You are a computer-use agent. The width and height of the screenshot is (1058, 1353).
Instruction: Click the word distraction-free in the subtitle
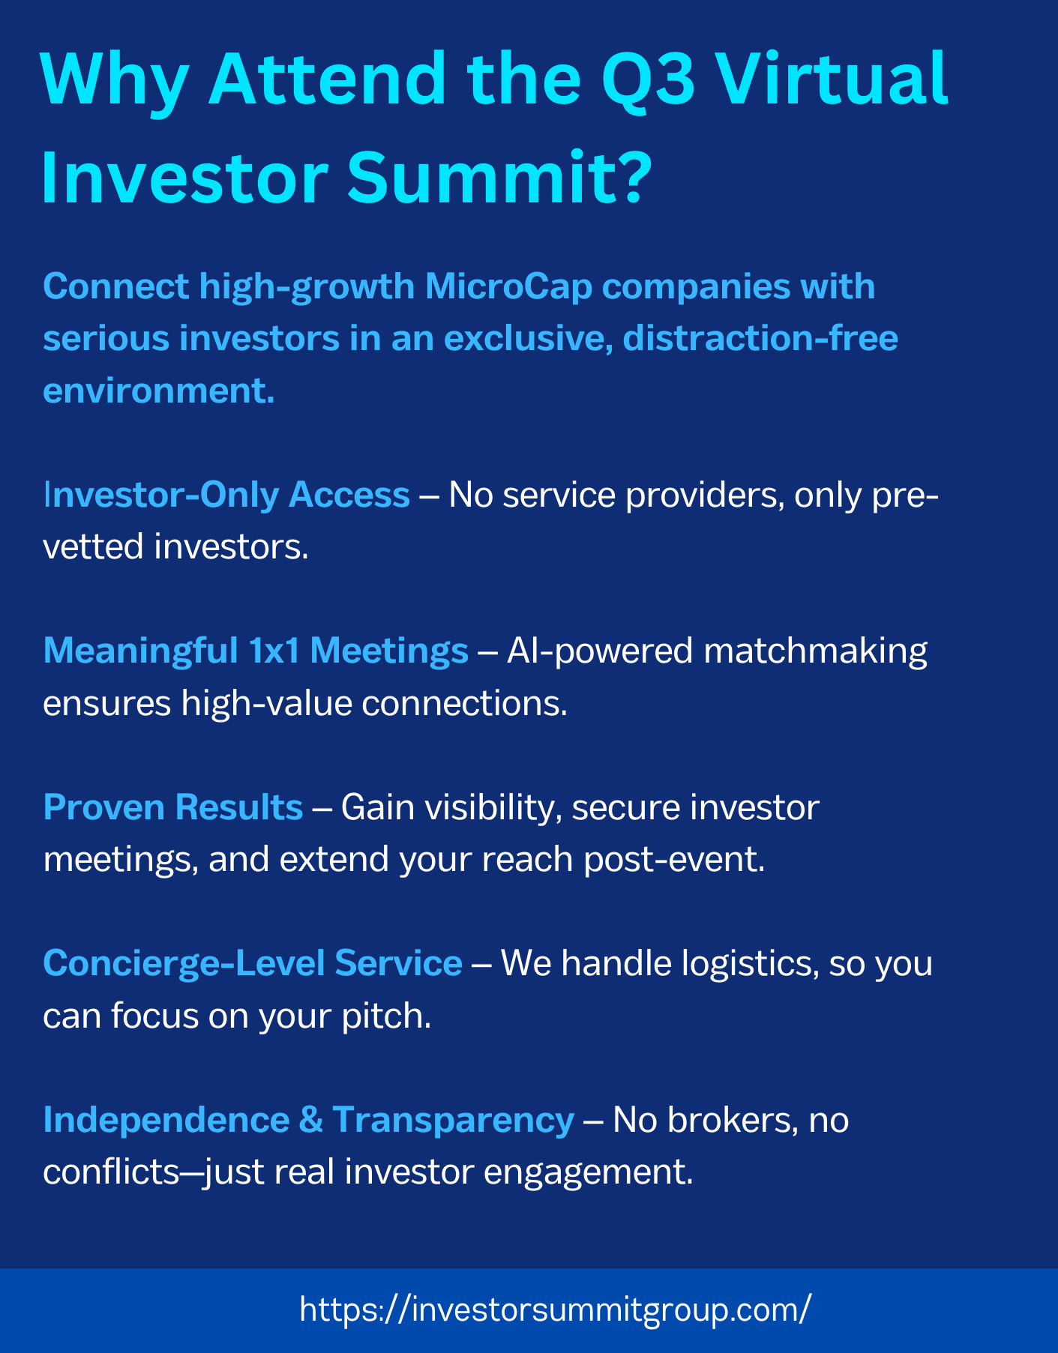point(760,338)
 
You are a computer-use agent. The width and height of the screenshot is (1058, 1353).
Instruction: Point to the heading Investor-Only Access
point(226,495)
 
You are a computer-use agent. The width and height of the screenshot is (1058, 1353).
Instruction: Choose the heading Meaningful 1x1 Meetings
point(256,651)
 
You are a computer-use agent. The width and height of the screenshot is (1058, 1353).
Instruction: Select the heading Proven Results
point(173,807)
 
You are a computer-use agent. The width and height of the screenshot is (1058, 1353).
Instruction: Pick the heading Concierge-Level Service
point(253,963)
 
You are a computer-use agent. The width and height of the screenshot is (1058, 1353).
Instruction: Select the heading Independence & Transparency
point(309,1120)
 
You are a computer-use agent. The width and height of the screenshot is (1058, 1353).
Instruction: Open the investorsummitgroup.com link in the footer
point(555,1310)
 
